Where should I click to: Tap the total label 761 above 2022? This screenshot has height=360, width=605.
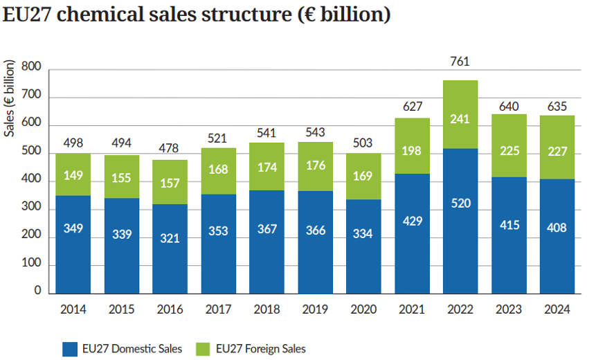(459, 62)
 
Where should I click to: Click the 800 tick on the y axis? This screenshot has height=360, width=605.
(32, 68)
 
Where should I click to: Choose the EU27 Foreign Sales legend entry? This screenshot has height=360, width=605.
(260, 349)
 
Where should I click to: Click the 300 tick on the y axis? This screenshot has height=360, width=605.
(32, 208)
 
